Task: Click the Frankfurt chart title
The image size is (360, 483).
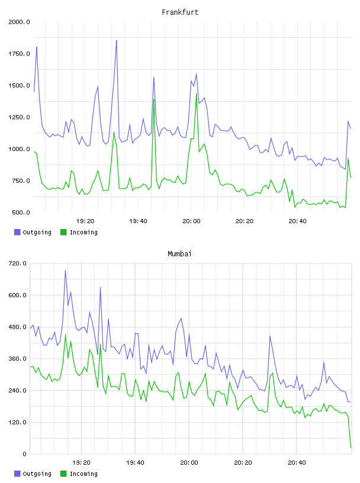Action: [x=180, y=12]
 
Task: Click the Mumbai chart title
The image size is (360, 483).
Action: [x=179, y=254]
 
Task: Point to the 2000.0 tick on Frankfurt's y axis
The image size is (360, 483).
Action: [x=19, y=22]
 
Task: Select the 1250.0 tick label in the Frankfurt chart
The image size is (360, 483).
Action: [x=19, y=117]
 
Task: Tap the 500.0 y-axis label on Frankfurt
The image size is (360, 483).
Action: [x=21, y=212]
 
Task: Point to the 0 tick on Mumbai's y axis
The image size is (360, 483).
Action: [x=24, y=454]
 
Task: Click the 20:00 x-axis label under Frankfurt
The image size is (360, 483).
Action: [x=191, y=221]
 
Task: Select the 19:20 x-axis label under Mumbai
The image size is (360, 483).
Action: [x=81, y=463]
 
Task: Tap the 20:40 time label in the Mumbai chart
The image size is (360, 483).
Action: [x=297, y=463]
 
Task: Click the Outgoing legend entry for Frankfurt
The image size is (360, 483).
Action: [x=33, y=232]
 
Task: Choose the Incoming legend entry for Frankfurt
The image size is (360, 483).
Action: [x=79, y=232]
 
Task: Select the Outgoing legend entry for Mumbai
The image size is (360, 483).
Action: [x=33, y=474]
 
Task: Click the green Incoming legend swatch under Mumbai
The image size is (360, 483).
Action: [x=63, y=474]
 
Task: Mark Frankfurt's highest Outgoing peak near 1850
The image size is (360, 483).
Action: [x=117, y=40]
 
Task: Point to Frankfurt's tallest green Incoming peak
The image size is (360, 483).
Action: [x=197, y=94]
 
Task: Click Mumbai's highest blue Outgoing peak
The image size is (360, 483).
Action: [x=65, y=271]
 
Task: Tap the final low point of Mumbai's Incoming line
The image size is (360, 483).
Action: [x=351, y=447]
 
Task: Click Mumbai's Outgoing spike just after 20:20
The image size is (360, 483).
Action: [x=270, y=336]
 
